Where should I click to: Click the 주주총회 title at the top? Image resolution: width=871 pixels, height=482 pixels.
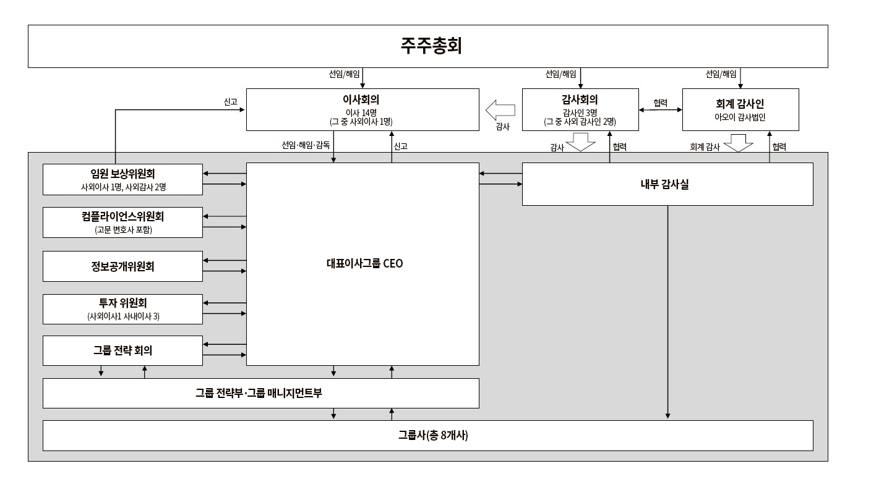431,46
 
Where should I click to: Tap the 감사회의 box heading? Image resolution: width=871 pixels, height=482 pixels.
580,98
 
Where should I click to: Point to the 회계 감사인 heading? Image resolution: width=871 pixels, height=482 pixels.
740,104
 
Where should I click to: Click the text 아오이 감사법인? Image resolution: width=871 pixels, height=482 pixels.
740,116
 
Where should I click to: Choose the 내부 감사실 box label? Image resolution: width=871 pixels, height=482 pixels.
667,184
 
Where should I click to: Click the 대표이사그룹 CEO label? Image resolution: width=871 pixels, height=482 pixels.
364,263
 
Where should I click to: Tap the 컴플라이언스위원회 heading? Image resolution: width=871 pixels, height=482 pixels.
122,216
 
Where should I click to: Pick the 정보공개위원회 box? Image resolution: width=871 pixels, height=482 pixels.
122,266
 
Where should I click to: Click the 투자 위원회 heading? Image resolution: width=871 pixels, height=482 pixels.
123,303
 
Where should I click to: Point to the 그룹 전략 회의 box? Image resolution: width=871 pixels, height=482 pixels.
122,350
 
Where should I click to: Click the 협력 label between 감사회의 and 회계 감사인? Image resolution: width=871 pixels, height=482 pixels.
660,103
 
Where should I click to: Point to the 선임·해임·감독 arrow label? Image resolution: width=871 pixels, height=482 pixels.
306,146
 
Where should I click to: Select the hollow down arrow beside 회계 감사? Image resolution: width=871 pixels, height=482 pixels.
738,145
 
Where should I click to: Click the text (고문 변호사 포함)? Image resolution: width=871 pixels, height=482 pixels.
123,230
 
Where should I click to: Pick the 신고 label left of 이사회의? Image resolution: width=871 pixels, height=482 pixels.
230,101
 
